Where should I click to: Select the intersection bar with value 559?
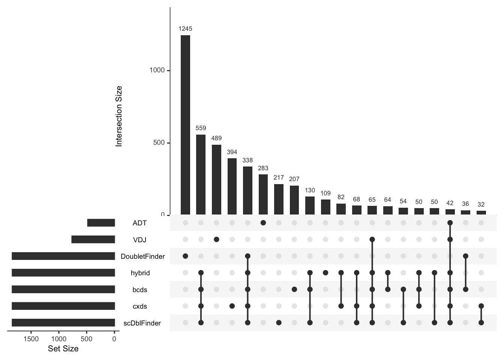[201, 174]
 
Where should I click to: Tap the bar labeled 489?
[216, 180]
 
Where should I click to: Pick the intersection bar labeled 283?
[263, 194]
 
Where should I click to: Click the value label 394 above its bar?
[232, 152]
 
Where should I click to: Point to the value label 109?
[325, 193]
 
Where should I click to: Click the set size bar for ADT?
[101, 223]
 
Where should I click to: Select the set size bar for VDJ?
[93, 239]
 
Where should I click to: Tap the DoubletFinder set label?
[142, 256]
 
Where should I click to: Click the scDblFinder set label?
[142, 323]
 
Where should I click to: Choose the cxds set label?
[139, 306]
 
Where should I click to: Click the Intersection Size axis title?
[119, 116]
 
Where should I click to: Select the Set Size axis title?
[63, 349]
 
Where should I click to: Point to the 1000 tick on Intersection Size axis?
[157, 70]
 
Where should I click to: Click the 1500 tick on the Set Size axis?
[31, 339]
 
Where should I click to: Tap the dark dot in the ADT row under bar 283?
[263, 223]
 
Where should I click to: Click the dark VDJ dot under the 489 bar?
[216, 239]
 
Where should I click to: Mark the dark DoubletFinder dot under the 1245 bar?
[185, 256]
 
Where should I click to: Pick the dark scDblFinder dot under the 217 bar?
[279, 322]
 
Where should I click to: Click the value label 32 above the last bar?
[481, 204]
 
